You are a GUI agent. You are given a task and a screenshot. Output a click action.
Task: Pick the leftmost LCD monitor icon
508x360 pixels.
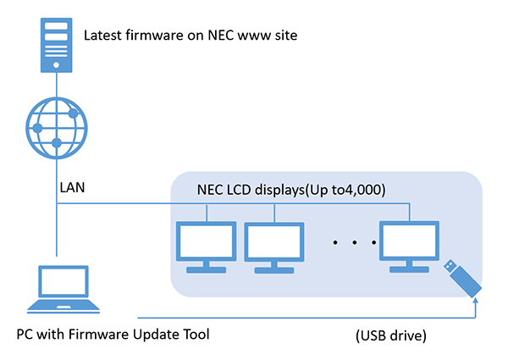pos(205,246)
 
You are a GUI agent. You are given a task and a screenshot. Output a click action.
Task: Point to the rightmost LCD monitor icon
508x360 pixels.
pos(410,246)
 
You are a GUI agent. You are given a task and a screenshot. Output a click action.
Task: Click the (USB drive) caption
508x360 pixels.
pos(391,336)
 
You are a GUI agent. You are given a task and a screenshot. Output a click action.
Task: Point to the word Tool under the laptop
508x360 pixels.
pos(195,333)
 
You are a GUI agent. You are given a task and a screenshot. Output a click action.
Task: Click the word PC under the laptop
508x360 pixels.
pos(26,333)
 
